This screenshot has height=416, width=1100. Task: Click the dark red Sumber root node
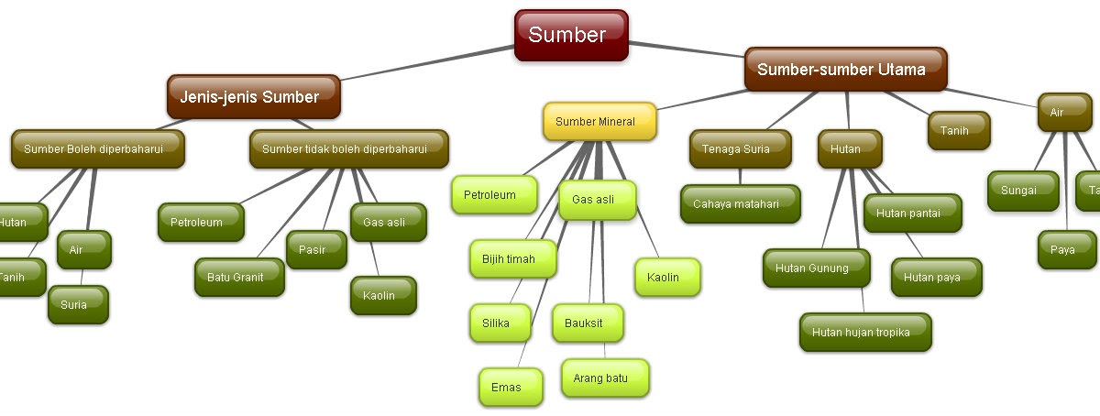click(570, 36)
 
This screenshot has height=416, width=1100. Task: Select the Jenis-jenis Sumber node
click(253, 97)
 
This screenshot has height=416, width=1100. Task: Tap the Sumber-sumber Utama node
click(844, 70)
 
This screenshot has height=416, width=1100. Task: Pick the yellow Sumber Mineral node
click(600, 122)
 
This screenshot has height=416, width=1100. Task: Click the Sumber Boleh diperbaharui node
click(98, 149)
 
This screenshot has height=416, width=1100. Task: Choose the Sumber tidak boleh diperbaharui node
click(349, 149)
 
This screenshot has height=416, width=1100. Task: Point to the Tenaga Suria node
click(740, 149)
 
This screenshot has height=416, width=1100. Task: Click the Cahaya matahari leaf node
click(740, 204)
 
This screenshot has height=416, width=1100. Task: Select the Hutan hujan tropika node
click(865, 333)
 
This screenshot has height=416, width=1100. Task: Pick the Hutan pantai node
click(912, 213)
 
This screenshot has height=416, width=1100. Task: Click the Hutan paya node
click(936, 278)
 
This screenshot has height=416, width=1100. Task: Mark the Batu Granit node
click(239, 278)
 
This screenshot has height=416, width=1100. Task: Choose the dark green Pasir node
click(317, 250)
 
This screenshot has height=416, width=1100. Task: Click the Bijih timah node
click(513, 259)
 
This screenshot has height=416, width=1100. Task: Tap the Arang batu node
click(605, 378)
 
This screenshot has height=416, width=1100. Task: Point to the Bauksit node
click(588, 323)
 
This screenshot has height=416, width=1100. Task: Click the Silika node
click(500, 323)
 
